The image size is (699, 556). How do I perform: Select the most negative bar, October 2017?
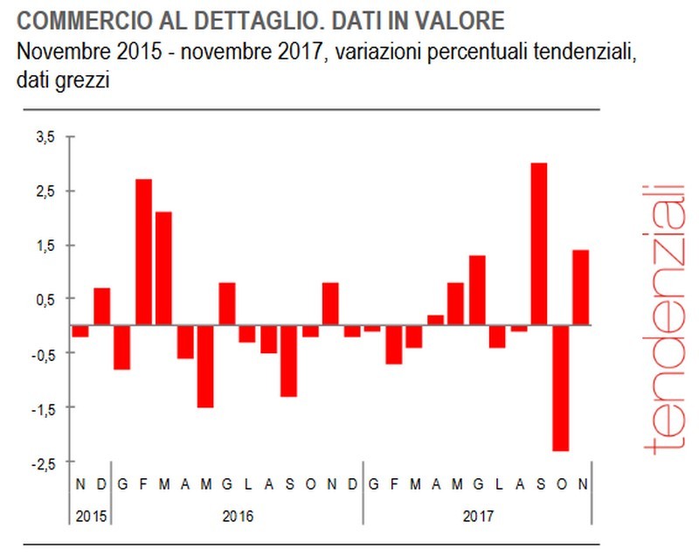click(560, 387)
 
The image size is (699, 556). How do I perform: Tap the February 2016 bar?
click(143, 252)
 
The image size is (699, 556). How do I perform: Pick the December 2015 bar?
click(101, 306)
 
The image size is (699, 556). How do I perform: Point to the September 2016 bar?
click(288, 360)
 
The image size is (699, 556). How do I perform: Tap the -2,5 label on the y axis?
click(44, 462)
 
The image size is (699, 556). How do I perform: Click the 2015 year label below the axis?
click(90, 515)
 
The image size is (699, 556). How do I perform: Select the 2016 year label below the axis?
click(237, 515)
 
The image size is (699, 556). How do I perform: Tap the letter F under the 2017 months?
click(394, 484)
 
